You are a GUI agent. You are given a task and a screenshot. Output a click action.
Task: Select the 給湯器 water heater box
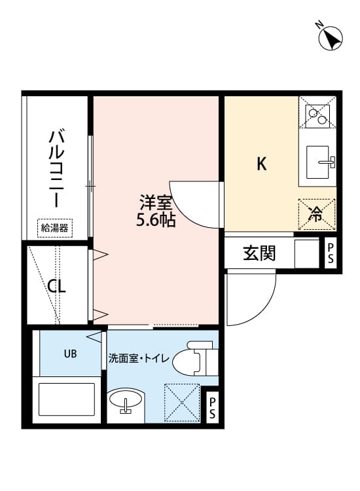[x=55, y=228]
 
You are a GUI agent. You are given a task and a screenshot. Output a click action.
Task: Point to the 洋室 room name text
[x=155, y=202]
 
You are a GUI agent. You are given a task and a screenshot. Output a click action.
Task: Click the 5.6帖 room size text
[x=155, y=220]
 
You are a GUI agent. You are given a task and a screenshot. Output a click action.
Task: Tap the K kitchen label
[x=261, y=164]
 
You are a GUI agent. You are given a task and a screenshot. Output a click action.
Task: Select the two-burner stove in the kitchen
[x=317, y=113]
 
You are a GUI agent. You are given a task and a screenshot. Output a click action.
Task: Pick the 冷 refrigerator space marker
[x=316, y=213]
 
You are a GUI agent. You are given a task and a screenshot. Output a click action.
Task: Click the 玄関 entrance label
[x=259, y=253]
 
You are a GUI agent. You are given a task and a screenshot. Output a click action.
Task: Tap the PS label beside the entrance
[x=331, y=253]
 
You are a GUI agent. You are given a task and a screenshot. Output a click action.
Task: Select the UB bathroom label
[x=70, y=354]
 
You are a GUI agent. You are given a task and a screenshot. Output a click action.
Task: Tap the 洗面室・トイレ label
[x=139, y=358]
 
